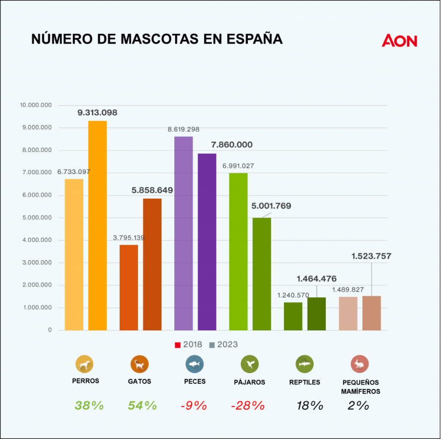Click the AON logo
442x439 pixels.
pyautogui.click(x=399, y=41)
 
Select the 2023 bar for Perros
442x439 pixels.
pyautogui.click(x=97, y=225)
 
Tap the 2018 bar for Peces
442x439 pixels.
pyautogui.click(x=183, y=233)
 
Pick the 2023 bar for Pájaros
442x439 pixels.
pyautogui.click(x=262, y=274)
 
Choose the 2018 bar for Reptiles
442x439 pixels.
pyautogui.click(x=293, y=316)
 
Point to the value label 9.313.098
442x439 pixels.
pyautogui.click(x=97, y=113)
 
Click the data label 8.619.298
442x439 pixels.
pyautogui.click(x=183, y=129)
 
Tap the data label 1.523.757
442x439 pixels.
pyautogui.click(x=371, y=256)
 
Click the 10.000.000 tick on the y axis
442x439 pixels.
pyautogui.click(x=35, y=105)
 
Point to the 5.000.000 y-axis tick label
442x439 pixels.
pyautogui.click(x=35, y=218)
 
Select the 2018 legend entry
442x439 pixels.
pyautogui.click(x=189, y=345)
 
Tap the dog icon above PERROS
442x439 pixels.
pyautogui.click(x=84, y=365)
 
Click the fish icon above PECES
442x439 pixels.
pyautogui.click(x=194, y=365)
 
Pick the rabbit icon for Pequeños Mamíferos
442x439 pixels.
pyautogui.click(x=360, y=365)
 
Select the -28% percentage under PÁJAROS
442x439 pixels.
pyautogui.click(x=248, y=405)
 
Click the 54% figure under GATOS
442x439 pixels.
pyautogui.click(x=142, y=405)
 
